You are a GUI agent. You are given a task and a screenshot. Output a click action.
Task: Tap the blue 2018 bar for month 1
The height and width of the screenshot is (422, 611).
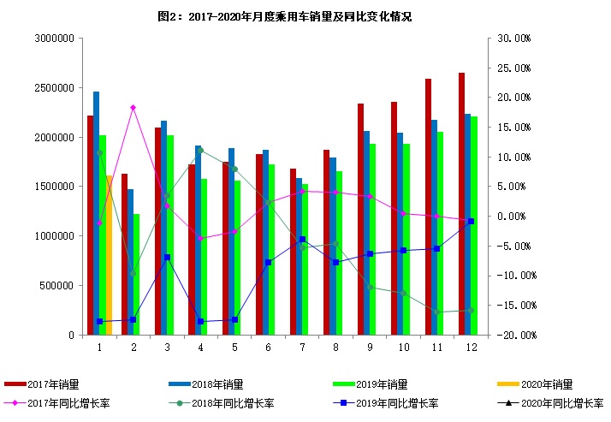97,213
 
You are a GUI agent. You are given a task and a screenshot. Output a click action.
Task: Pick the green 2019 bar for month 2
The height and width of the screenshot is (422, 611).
137,274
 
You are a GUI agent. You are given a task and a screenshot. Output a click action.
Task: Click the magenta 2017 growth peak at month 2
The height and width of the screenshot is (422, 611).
133,108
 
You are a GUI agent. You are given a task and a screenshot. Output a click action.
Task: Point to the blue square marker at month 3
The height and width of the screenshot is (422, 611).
167,257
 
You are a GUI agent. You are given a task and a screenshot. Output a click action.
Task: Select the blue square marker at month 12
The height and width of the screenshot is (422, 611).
472,222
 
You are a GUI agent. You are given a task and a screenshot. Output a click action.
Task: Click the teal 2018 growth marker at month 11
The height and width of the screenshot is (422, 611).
437,312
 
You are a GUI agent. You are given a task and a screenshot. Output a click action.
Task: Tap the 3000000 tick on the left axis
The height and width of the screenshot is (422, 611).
55,39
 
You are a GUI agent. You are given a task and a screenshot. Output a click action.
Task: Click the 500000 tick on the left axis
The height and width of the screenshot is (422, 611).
58,286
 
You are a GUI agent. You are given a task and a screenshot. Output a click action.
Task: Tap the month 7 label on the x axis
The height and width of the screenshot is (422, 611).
302,347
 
